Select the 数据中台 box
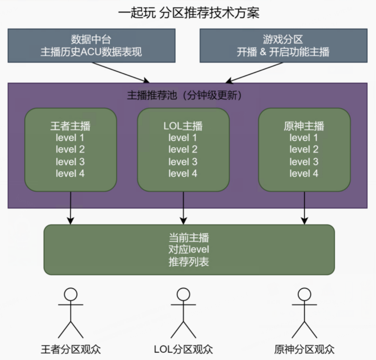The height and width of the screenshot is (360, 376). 92,46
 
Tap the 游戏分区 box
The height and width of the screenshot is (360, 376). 283,46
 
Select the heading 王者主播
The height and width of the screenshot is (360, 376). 70,126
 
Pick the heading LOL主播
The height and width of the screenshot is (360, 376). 183,126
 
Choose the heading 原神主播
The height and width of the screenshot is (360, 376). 304,126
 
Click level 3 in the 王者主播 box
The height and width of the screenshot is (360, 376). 70,161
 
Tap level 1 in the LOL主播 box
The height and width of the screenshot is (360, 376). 183,138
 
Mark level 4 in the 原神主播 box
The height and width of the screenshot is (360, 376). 304,173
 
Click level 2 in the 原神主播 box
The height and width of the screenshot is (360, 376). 304,150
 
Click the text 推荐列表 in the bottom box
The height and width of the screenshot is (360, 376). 189,262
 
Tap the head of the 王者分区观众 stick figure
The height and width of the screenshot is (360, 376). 71,295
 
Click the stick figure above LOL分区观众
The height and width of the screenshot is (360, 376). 183,313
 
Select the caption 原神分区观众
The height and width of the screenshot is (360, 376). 304,349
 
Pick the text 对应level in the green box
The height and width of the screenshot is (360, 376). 189,250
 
